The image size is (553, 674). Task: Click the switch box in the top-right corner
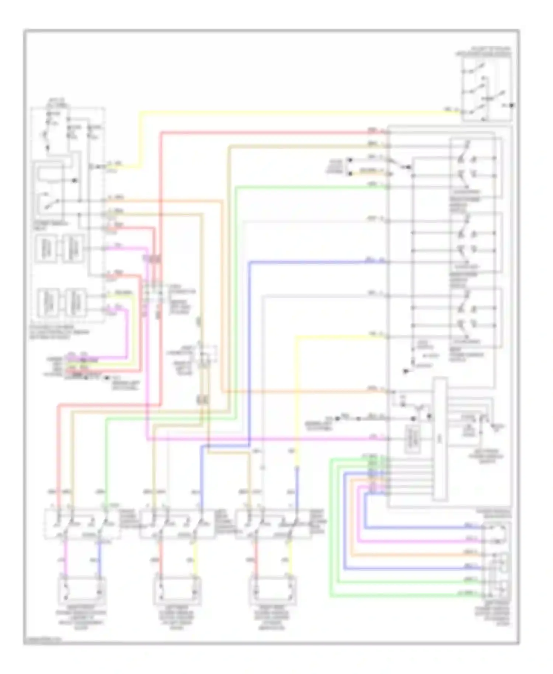coord(486,88)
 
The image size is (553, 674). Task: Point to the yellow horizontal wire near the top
coord(295,112)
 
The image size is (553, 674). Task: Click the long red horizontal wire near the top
coord(265,132)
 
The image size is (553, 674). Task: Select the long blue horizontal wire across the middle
coord(313,262)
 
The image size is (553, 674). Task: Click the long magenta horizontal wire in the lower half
coord(258,439)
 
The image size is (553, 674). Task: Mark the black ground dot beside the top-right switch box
coord(512,105)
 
